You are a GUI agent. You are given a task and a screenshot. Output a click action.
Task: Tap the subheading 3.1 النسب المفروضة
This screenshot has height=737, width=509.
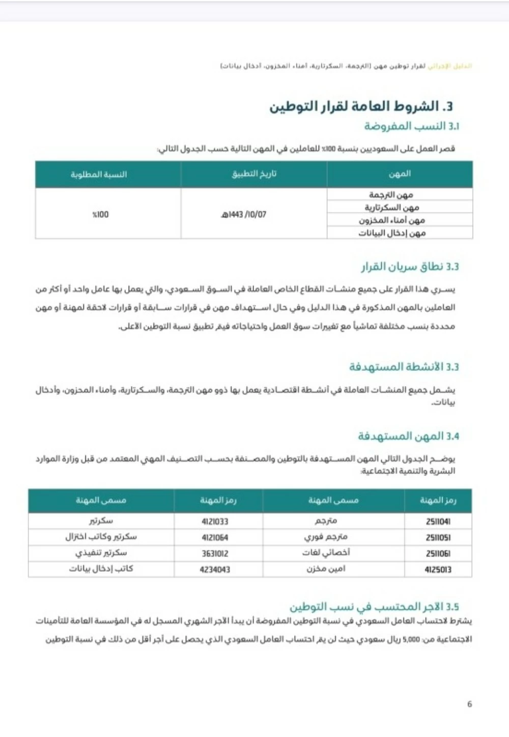[x=411, y=126]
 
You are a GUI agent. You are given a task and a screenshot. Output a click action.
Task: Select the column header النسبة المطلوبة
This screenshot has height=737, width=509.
[x=99, y=174]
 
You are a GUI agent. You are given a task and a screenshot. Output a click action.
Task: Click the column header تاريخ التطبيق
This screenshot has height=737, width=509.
[x=254, y=174]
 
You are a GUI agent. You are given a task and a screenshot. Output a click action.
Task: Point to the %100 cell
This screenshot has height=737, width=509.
[x=100, y=214]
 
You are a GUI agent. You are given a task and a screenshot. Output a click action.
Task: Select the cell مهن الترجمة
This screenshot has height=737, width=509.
[x=391, y=195]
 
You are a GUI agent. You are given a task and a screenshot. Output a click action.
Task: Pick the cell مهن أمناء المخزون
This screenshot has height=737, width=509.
[x=391, y=220]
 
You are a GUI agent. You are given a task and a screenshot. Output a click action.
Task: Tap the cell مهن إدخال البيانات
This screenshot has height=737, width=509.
[x=391, y=233]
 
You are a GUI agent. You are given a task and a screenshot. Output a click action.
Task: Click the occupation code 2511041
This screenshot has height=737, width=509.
[x=438, y=521]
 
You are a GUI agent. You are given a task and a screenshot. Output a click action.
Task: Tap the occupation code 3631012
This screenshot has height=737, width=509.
[x=215, y=553]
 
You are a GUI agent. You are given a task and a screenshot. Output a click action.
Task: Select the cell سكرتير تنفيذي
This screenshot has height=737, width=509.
[x=101, y=553]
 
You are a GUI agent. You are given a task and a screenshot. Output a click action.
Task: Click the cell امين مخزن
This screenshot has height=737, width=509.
[x=326, y=569]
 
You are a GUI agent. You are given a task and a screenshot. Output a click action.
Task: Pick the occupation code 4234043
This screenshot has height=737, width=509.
[x=215, y=570]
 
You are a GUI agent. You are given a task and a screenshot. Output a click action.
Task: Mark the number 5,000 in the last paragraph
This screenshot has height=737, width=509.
[x=411, y=639]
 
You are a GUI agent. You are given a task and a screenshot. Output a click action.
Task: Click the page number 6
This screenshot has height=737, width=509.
[x=469, y=704]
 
